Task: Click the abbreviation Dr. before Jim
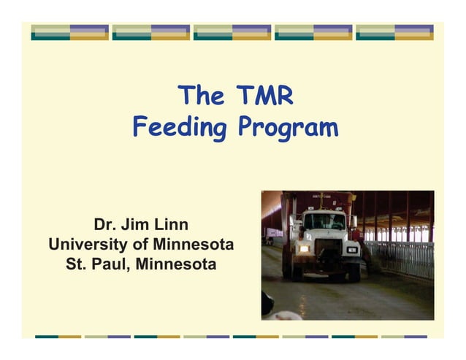click(x=105, y=223)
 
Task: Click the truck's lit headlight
click(x=302, y=249)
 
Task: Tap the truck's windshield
click(x=324, y=221)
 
